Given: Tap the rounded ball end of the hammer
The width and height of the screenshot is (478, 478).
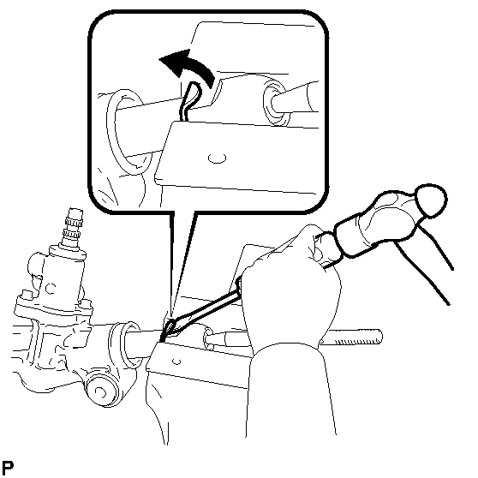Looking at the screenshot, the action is point(430,200).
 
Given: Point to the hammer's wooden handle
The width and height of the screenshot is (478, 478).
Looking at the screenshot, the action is point(427,259).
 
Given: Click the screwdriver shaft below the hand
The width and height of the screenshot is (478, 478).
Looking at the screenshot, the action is point(207,308).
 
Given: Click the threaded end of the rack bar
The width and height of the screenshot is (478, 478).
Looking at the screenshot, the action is point(356,338).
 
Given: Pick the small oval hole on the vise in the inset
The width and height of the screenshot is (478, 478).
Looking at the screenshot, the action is point(217,158).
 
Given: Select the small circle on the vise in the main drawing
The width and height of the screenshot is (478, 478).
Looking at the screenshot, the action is point(176,361).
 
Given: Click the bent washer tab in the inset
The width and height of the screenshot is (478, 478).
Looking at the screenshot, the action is point(190,99).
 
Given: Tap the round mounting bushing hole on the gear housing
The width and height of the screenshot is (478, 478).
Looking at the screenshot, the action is point(99,391).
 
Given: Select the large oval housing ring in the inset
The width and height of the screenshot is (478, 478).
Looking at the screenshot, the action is point(128,132).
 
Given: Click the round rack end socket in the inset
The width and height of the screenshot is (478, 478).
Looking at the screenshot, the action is point(276,102).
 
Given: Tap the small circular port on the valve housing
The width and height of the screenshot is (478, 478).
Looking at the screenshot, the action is point(51,289).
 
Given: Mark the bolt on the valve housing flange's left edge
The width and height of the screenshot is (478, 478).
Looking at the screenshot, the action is point(24,295).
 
